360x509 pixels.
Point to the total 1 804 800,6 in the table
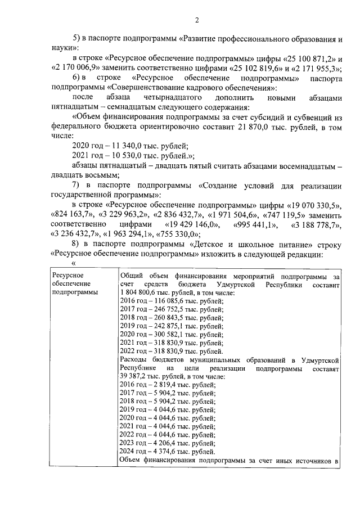click(x=141, y=293)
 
